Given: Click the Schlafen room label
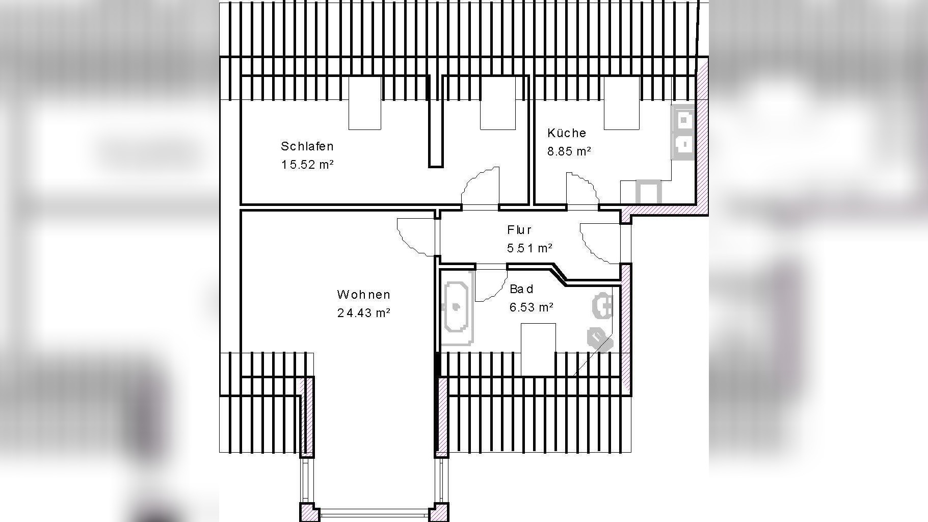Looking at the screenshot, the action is click(307, 146).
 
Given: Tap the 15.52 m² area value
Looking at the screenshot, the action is click(307, 165).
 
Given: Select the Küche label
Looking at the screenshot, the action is click(567, 133).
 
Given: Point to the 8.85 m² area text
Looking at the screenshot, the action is click(569, 151).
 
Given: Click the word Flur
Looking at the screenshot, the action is click(519, 230).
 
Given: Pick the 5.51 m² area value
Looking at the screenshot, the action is click(529, 248).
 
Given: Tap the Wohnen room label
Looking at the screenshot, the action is click(363, 295).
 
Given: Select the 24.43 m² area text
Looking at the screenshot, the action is click(363, 313).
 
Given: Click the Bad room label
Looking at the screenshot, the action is click(521, 289).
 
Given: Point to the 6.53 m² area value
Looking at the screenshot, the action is click(532, 307).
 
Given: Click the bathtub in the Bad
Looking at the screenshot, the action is click(457, 307).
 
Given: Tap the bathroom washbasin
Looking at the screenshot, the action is click(602, 306).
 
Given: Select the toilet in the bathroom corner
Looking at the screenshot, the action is click(598, 337).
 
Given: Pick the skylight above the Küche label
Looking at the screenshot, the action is click(622, 103).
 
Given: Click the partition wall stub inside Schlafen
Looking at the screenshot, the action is click(435, 121).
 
